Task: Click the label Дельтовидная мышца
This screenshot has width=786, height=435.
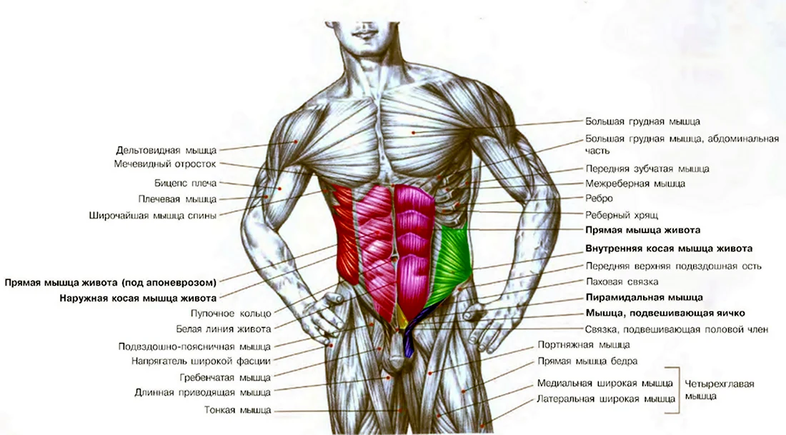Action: [166, 150]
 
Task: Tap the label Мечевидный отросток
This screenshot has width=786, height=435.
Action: [165, 164]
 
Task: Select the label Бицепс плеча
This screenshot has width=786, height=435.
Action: [186, 184]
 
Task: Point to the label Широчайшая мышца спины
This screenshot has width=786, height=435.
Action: [153, 216]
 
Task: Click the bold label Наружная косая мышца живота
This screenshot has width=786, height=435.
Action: [138, 298]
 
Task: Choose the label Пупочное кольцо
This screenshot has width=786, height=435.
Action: [231, 314]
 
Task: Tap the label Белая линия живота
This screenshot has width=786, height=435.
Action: [224, 329]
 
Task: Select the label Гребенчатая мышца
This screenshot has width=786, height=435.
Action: [225, 377]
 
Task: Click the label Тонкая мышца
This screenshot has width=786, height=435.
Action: [238, 410]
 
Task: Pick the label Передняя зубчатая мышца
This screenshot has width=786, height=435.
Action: [647, 169]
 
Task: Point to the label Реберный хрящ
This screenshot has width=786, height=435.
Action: [622, 216]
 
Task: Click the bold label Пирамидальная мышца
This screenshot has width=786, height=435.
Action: [644, 298]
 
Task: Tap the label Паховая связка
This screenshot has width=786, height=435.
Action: [622, 281]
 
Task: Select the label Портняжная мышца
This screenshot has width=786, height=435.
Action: [584, 345]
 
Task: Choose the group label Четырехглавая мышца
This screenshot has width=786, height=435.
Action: [720, 390]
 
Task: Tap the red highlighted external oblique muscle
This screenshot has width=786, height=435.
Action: [345, 233]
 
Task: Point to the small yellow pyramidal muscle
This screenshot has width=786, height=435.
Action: [402, 319]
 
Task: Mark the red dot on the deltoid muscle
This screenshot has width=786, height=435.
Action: [296, 142]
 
